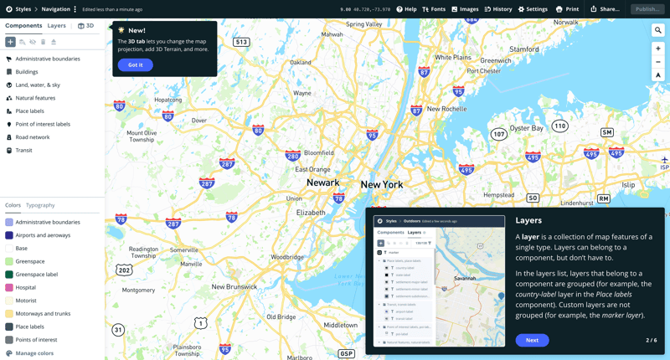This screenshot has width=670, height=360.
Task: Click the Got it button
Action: (135, 64)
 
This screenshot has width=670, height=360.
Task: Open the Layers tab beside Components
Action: (57, 26)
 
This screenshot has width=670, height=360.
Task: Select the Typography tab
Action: (40, 205)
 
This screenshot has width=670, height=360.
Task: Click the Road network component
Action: (33, 137)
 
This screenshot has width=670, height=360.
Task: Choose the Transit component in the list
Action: (23, 151)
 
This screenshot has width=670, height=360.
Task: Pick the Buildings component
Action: (27, 72)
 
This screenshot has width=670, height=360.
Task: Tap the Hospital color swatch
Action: (9, 287)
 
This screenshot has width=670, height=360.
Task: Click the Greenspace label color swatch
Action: (9, 275)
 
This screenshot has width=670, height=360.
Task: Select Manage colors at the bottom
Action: (33, 353)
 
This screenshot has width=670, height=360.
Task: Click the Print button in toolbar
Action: (567, 9)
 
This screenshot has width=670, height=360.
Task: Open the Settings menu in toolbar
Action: (533, 9)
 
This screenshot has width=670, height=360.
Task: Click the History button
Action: (498, 9)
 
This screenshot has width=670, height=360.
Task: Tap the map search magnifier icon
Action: (658, 30)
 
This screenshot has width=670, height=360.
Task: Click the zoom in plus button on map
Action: (658, 49)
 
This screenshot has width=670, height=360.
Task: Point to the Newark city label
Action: (322, 183)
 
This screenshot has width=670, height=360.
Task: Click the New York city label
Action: (381, 184)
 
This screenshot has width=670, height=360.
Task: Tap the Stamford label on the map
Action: (524, 49)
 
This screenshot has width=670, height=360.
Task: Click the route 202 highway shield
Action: (124, 270)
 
